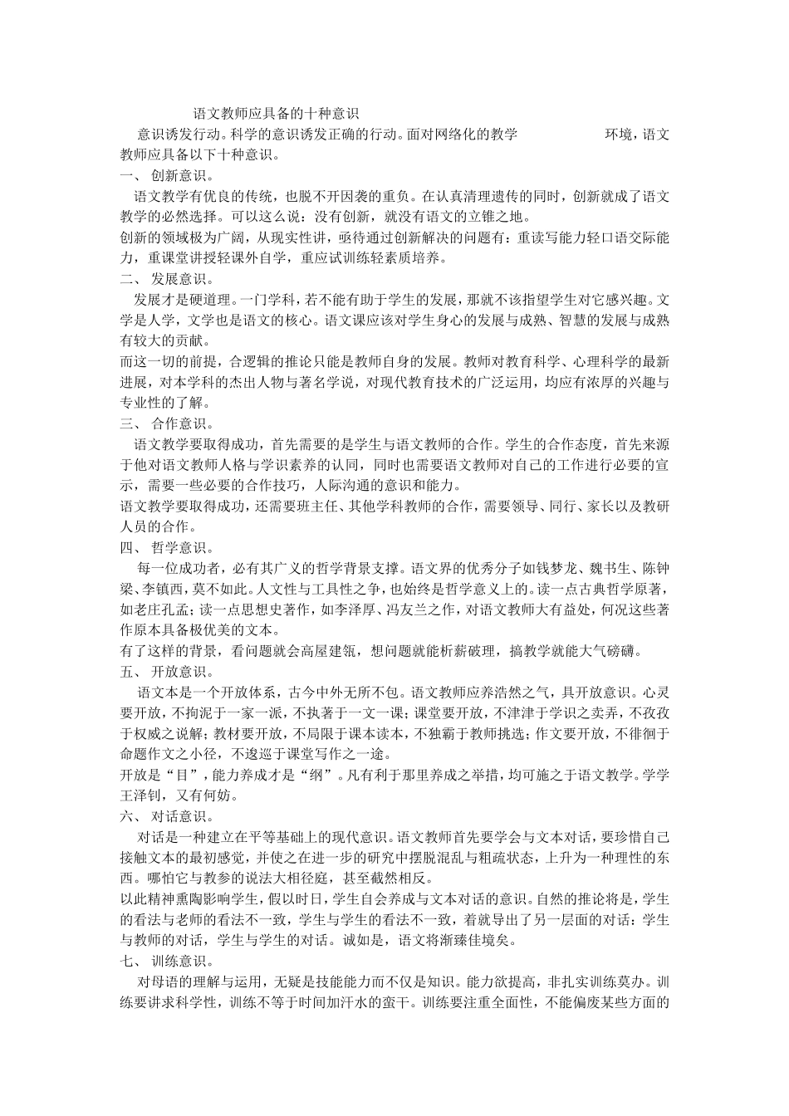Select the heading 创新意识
(177, 176)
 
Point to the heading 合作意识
(177, 423)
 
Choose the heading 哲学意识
(177, 547)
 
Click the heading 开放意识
(177, 671)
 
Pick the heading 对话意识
(177, 816)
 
